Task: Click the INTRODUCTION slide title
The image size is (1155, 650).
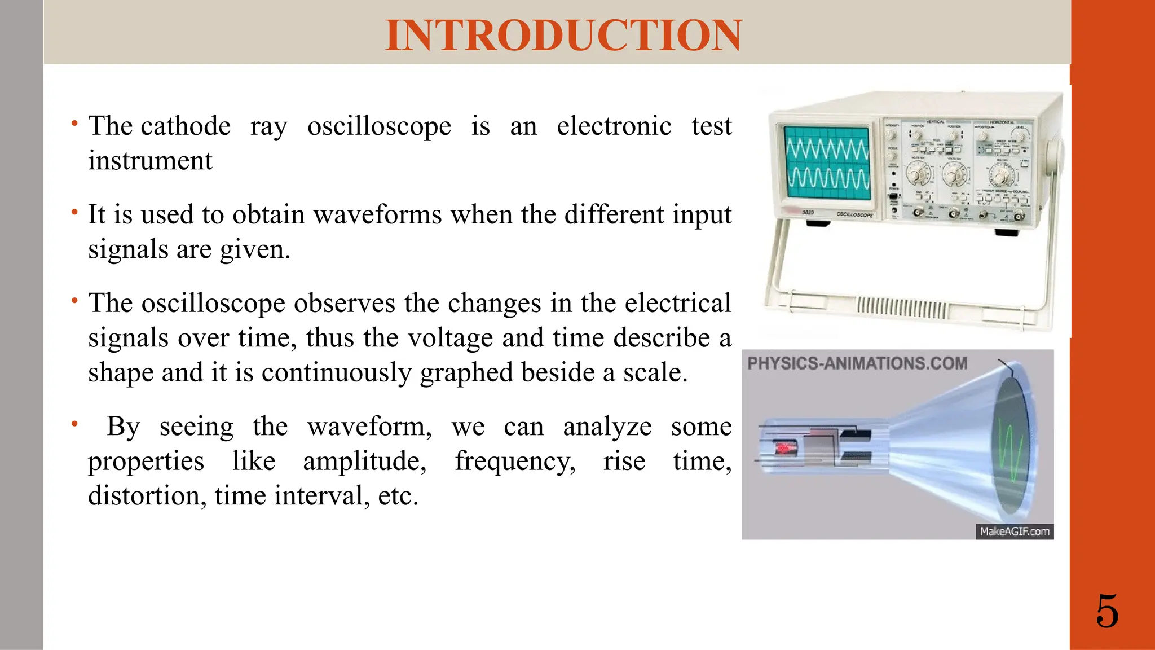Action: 563,35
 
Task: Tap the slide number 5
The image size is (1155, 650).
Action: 1107,612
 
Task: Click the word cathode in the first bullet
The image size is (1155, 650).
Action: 186,126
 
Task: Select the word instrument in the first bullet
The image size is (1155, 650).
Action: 150,161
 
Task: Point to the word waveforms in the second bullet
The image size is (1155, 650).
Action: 378,215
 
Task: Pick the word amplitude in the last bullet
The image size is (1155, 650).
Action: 364,462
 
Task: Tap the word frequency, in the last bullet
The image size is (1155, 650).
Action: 515,462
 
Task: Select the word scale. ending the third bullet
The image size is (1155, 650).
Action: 655,373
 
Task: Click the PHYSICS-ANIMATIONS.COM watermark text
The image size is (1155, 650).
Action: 857,363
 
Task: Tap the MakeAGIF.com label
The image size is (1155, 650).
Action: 1014,532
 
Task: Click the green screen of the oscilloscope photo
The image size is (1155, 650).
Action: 827,163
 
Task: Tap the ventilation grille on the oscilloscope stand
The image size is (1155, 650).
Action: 902,308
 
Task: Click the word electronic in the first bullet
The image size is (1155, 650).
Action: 614,126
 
